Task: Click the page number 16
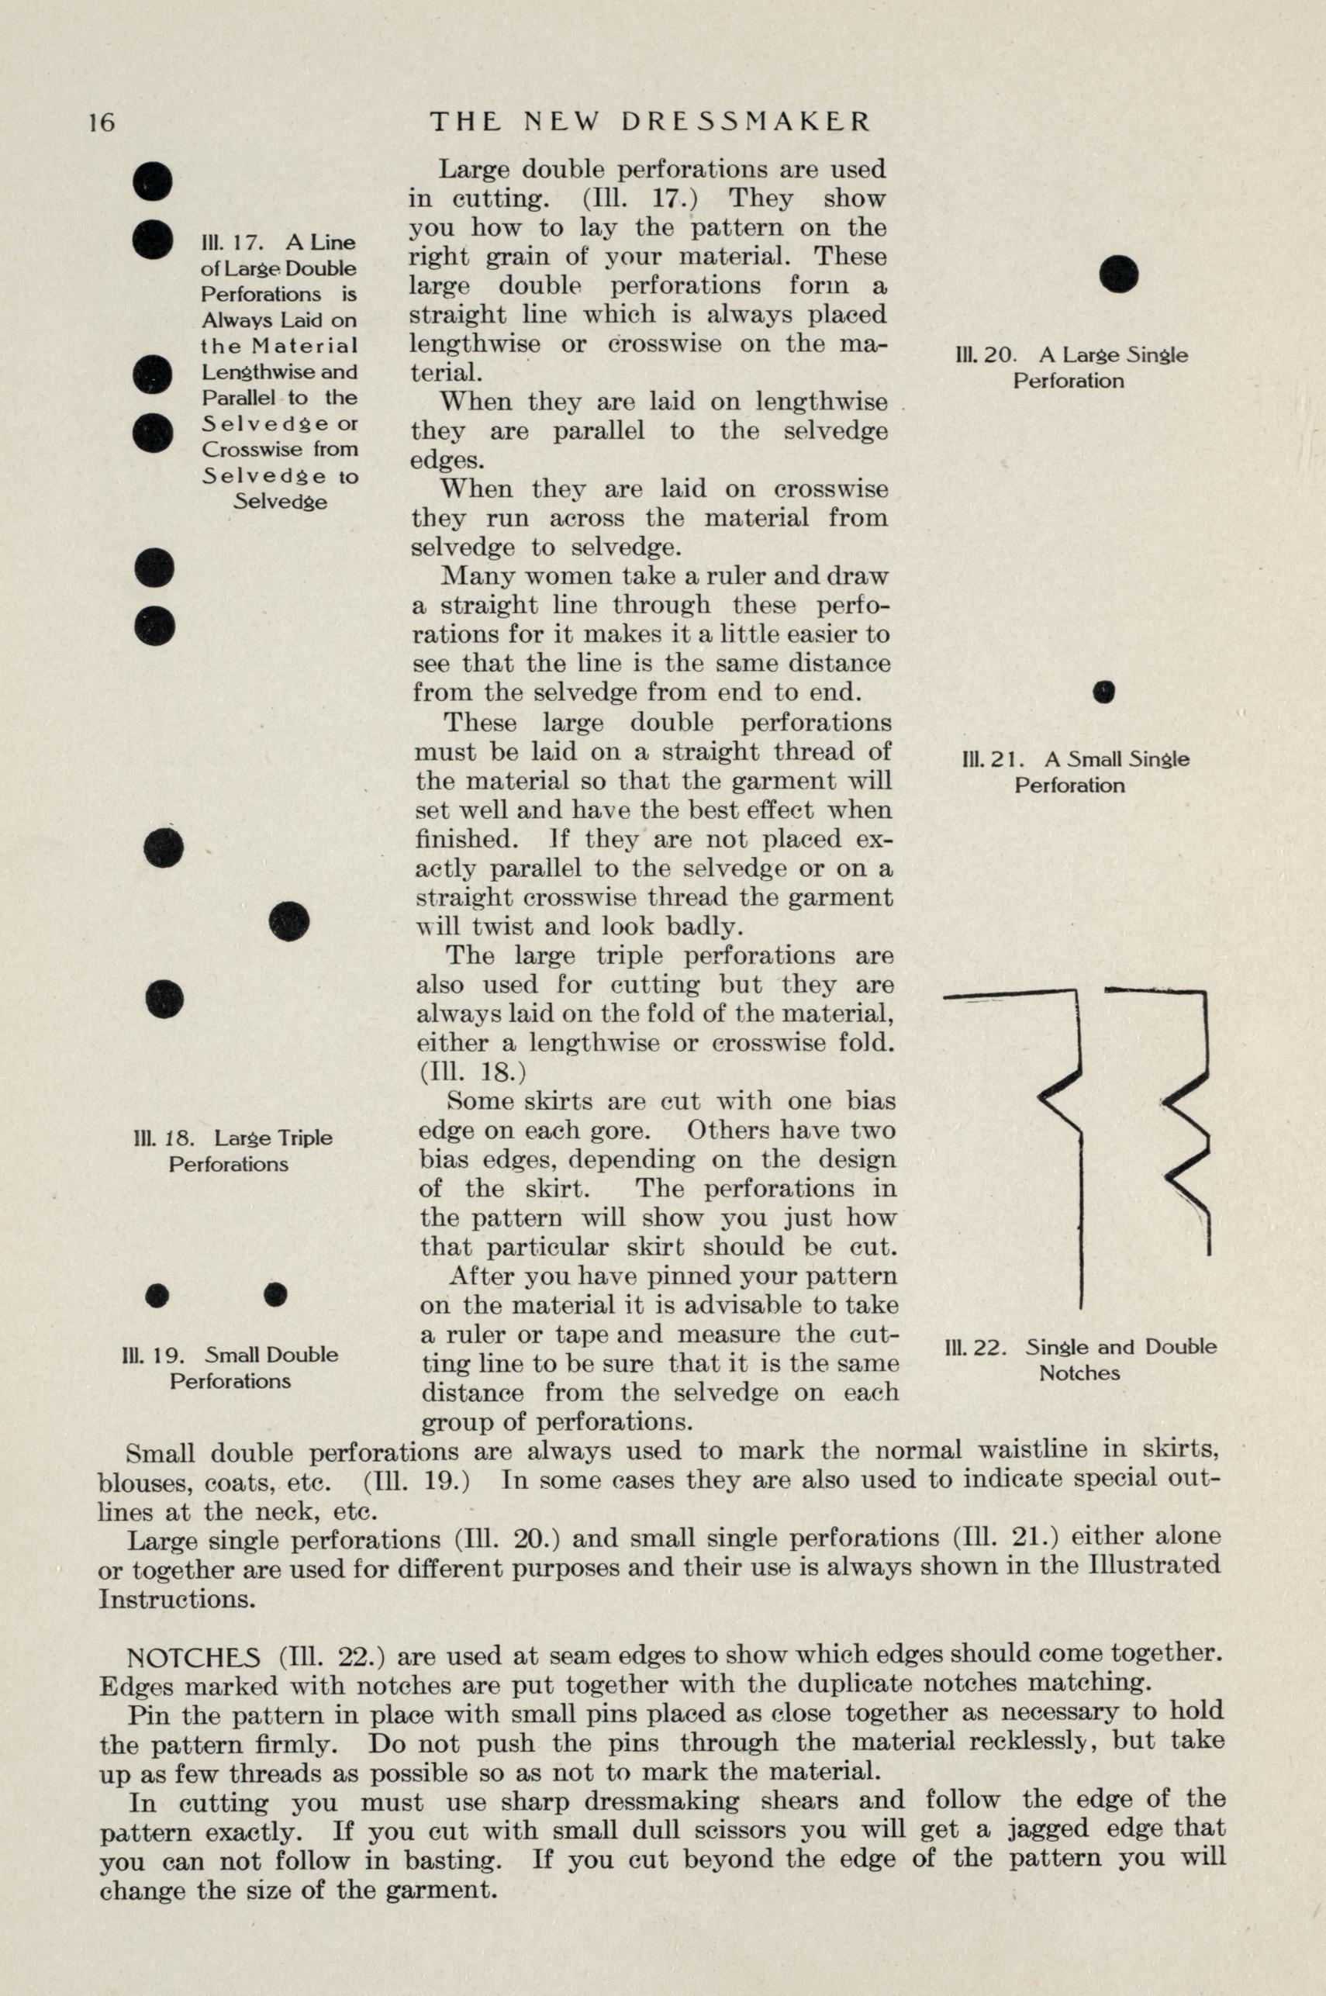(x=101, y=123)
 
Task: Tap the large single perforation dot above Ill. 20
(x=1119, y=274)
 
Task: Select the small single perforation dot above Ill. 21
(x=1103, y=692)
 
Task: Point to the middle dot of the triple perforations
(x=289, y=921)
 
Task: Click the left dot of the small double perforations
(x=157, y=1295)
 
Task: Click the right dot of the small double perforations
(x=276, y=1293)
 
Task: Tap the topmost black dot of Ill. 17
(x=153, y=181)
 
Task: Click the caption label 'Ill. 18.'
(x=162, y=1138)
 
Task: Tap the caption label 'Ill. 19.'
(x=153, y=1355)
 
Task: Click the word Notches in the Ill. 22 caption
(x=1079, y=1373)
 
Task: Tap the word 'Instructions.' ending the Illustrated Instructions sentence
(x=176, y=1599)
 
